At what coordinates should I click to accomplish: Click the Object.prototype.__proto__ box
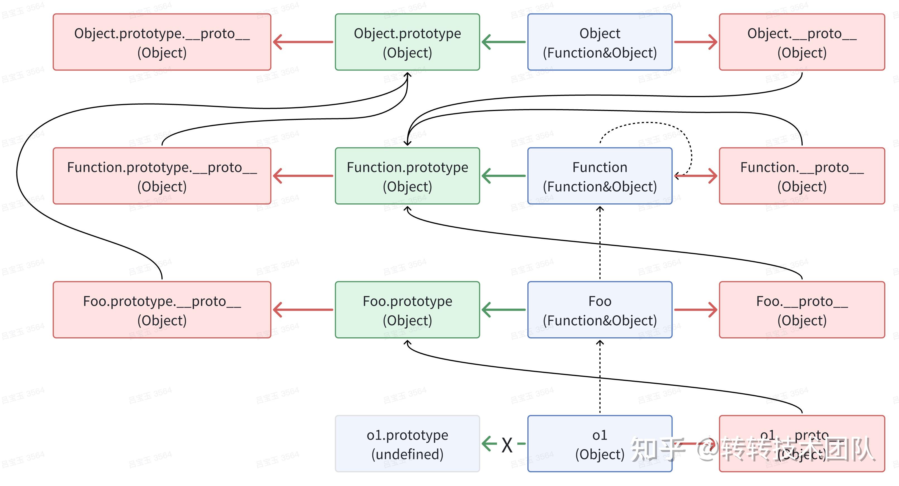tap(162, 42)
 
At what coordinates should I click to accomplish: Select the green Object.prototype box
tap(407, 42)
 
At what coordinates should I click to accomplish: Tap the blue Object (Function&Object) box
tap(600, 42)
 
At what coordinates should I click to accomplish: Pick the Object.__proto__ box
tap(802, 42)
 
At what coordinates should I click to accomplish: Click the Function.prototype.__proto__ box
tap(162, 176)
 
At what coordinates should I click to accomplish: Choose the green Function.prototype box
tap(407, 176)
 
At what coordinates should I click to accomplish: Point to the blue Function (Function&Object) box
tap(600, 176)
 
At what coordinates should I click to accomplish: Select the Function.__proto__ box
tap(802, 176)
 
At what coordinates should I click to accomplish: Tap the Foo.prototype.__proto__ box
tap(162, 310)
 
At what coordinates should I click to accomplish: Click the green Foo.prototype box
tap(407, 310)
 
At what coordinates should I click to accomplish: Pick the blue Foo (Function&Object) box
tap(600, 310)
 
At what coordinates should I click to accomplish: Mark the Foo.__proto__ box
tap(802, 310)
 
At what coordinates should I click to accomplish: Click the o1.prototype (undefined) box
tap(407, 444)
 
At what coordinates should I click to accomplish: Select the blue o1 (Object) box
tap(600, 444)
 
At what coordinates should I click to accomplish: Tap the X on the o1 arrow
tap(507, 445)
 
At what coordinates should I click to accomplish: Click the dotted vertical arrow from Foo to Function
tap(600, 244)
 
